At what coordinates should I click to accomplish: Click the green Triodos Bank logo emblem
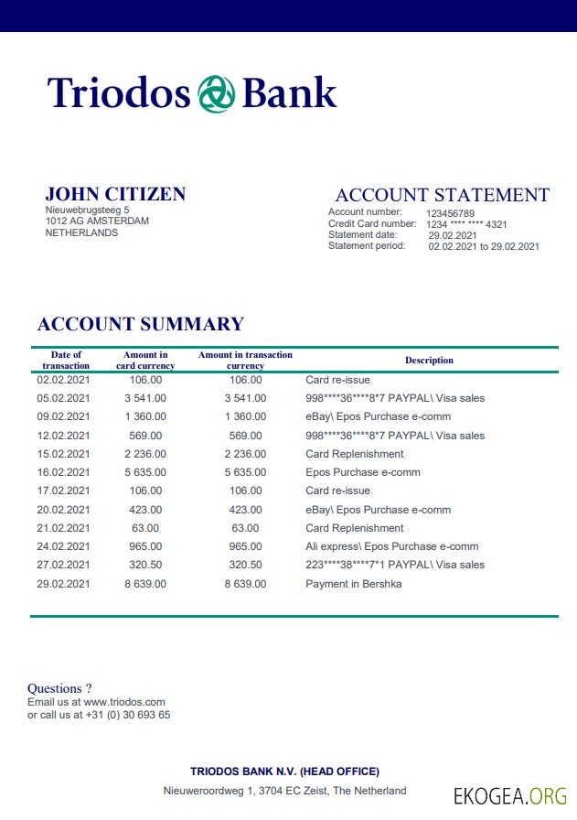216,93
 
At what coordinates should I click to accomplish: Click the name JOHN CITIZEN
115,194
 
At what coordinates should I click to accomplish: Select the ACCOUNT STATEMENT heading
443,195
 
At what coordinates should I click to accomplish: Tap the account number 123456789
450,213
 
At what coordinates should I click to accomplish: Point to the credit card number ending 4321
466,224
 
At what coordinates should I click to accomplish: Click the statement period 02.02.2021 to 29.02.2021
484,246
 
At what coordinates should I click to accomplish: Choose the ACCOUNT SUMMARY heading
140,324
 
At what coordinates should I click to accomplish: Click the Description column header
429,361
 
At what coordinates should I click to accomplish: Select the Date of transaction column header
66,361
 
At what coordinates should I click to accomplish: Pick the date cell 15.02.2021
63,454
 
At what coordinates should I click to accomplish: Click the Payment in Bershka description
353,584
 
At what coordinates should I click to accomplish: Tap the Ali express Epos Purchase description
391,546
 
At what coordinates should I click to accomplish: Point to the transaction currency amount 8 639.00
245,584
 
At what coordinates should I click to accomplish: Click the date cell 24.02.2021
63,546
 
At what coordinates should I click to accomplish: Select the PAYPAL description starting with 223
395,565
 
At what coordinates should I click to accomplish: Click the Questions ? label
59,688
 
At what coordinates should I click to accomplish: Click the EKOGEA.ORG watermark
510,795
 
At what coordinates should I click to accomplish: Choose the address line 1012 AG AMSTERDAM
97,221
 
